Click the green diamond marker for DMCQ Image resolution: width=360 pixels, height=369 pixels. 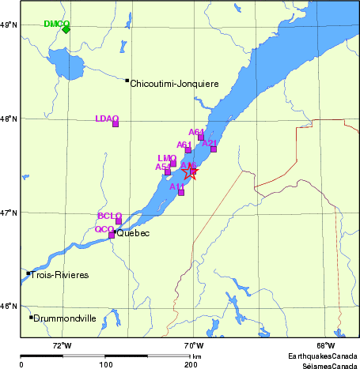[66, 29]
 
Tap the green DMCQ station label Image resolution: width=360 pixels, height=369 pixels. [56, 23]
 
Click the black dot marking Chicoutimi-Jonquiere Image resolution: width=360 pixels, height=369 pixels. [127, 80]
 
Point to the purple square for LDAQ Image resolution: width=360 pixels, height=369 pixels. [116, 124]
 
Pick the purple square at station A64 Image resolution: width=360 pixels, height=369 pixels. [201, 137]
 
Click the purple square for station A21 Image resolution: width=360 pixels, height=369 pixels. [214, 149]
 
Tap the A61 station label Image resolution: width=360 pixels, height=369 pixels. [184, 145]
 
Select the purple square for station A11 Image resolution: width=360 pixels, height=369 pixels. [181, 192]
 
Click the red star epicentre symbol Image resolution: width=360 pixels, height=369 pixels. [190, 170]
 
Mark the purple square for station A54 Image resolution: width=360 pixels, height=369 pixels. [167, 171]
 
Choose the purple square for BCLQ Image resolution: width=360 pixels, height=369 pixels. [119, 221]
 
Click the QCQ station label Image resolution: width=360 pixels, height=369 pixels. [104, 229]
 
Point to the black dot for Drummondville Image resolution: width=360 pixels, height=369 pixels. [32, 318]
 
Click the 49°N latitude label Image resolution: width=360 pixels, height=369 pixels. [9, 26]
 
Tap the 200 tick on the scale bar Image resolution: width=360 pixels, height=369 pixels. [191, 364]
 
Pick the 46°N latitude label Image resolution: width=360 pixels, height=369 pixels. [9, 307]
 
